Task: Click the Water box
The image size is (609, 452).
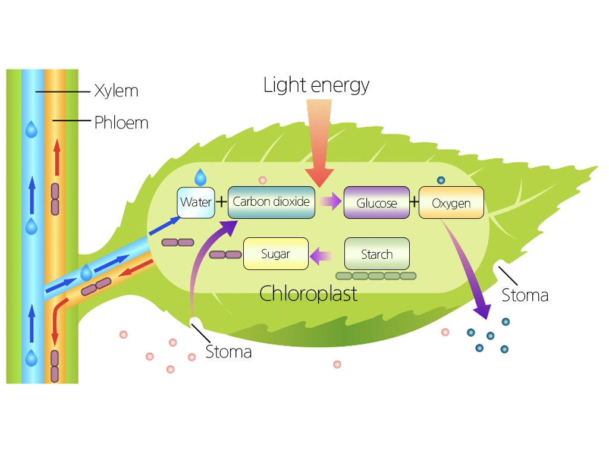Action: click(x=196, y=202)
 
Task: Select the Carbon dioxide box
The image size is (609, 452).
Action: click(x=271, y=202)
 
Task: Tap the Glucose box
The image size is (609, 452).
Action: click(x=376, y=203)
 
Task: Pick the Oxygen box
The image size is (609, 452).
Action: click(x=451, y=203)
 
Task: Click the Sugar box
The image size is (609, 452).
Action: click(x=276, y=254)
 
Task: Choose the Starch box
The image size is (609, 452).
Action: click(x=376, y=254)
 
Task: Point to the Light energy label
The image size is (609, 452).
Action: click(x=316, y=85)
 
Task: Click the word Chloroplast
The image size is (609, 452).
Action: click(x=309, y=293)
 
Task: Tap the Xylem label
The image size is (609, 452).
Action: click(x=116, y=91)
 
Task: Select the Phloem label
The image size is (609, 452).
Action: click(x=121, y=123)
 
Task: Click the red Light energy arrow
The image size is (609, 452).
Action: click(x=321, y=149)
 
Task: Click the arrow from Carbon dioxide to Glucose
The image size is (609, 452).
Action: click(x=329, y=202)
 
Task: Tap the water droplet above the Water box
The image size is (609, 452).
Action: click(x=201, y=177)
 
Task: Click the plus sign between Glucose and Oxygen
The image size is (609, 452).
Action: click(x=414, y=202)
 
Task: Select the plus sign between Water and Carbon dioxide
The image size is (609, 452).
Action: click(x=221, y=202)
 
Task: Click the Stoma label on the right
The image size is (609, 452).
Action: click(x=525, y=295)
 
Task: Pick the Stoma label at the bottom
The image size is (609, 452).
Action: click(x=228, y=351)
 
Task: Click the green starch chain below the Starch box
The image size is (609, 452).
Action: click(x=376, y=276)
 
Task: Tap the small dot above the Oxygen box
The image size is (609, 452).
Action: click(x=441, y=180)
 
